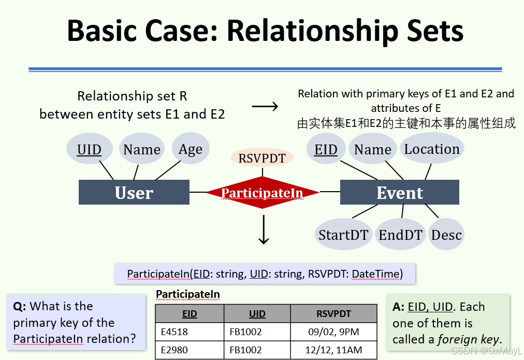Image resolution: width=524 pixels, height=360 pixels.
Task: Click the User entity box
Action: (134, 193)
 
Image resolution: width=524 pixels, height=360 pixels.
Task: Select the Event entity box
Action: (399, 193)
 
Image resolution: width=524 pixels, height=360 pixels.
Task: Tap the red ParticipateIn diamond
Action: (262, 193)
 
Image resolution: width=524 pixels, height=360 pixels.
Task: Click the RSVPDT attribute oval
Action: (262, 158)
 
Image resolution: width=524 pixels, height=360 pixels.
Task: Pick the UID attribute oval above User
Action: (89, 149)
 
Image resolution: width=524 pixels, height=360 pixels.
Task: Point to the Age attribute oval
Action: (191, 149)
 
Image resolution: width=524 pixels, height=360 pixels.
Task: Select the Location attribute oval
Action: (432, 149)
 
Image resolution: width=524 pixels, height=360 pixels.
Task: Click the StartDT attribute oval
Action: (343, 235)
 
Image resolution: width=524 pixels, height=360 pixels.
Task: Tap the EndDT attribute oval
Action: (401, 235)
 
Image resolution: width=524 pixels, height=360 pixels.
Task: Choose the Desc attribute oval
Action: (446, 235)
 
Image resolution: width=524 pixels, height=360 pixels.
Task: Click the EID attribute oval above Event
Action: (326, 149)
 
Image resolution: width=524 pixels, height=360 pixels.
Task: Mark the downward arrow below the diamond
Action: (264, 230)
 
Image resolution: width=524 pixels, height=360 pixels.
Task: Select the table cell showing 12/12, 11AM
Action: (333, 351)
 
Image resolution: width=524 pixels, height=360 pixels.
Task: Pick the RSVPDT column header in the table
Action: (333, 313)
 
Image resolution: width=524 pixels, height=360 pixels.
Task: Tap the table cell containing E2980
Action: (190, 351)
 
